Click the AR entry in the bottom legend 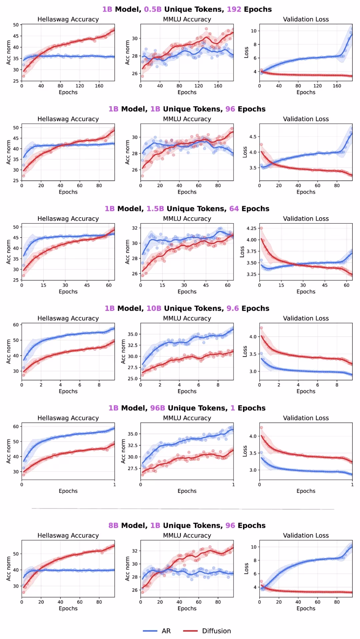[x=166, y=631]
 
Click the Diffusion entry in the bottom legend [x=216, y=631]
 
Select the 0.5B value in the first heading [x=153, y=9]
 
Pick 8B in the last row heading [x=113, y=525]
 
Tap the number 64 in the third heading [x=234, y=209]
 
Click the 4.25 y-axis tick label [x=251, y=228]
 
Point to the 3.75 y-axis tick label [x=251, y=251]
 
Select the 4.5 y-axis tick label [x=253, y=137]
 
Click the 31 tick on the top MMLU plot [x=135, y=30]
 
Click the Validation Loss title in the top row [x=306, y=19]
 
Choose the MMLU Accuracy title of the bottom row [x=187, y=535]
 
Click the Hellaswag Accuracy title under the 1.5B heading [x=68, y=219]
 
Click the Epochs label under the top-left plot [x=68, y=92]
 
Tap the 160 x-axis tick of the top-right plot [x=337, y=86]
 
